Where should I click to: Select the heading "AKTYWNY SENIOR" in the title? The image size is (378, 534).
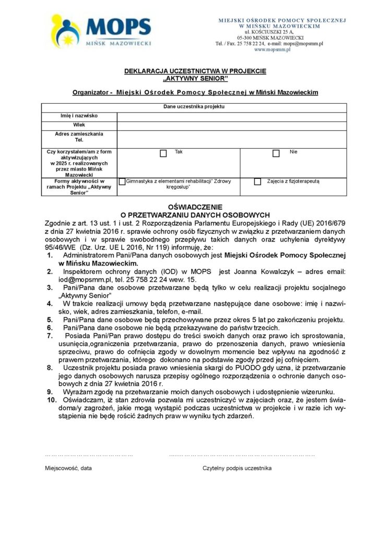point(195,79)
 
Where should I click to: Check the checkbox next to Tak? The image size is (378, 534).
point(163,153)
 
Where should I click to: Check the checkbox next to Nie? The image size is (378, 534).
point(276,153)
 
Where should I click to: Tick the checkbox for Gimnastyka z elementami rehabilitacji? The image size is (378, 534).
point(122,181)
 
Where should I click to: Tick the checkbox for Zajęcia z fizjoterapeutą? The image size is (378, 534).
point(257,181)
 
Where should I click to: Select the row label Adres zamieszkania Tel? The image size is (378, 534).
point(79,137)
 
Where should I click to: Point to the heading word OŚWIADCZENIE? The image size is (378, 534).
point(195,207)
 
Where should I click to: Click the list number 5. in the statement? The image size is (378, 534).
point(50,319)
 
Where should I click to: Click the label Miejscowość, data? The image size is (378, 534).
point(68,468)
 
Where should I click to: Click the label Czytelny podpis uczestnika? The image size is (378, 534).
point(237,468)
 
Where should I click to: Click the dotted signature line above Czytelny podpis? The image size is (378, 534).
point(242,455)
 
